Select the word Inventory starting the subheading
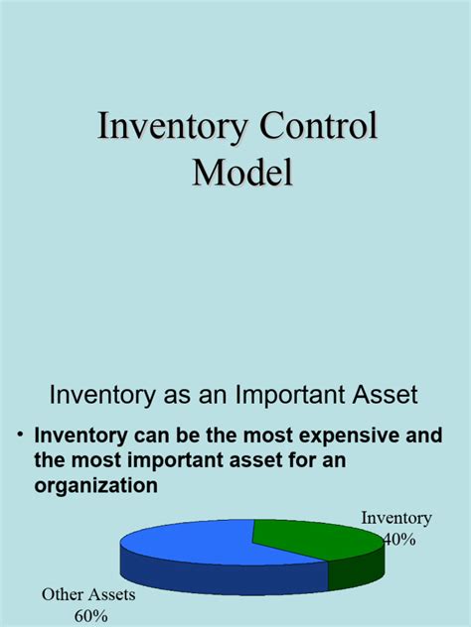pos(97,395)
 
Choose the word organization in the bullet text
pos(95,486)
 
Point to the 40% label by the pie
pos(398,539)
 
